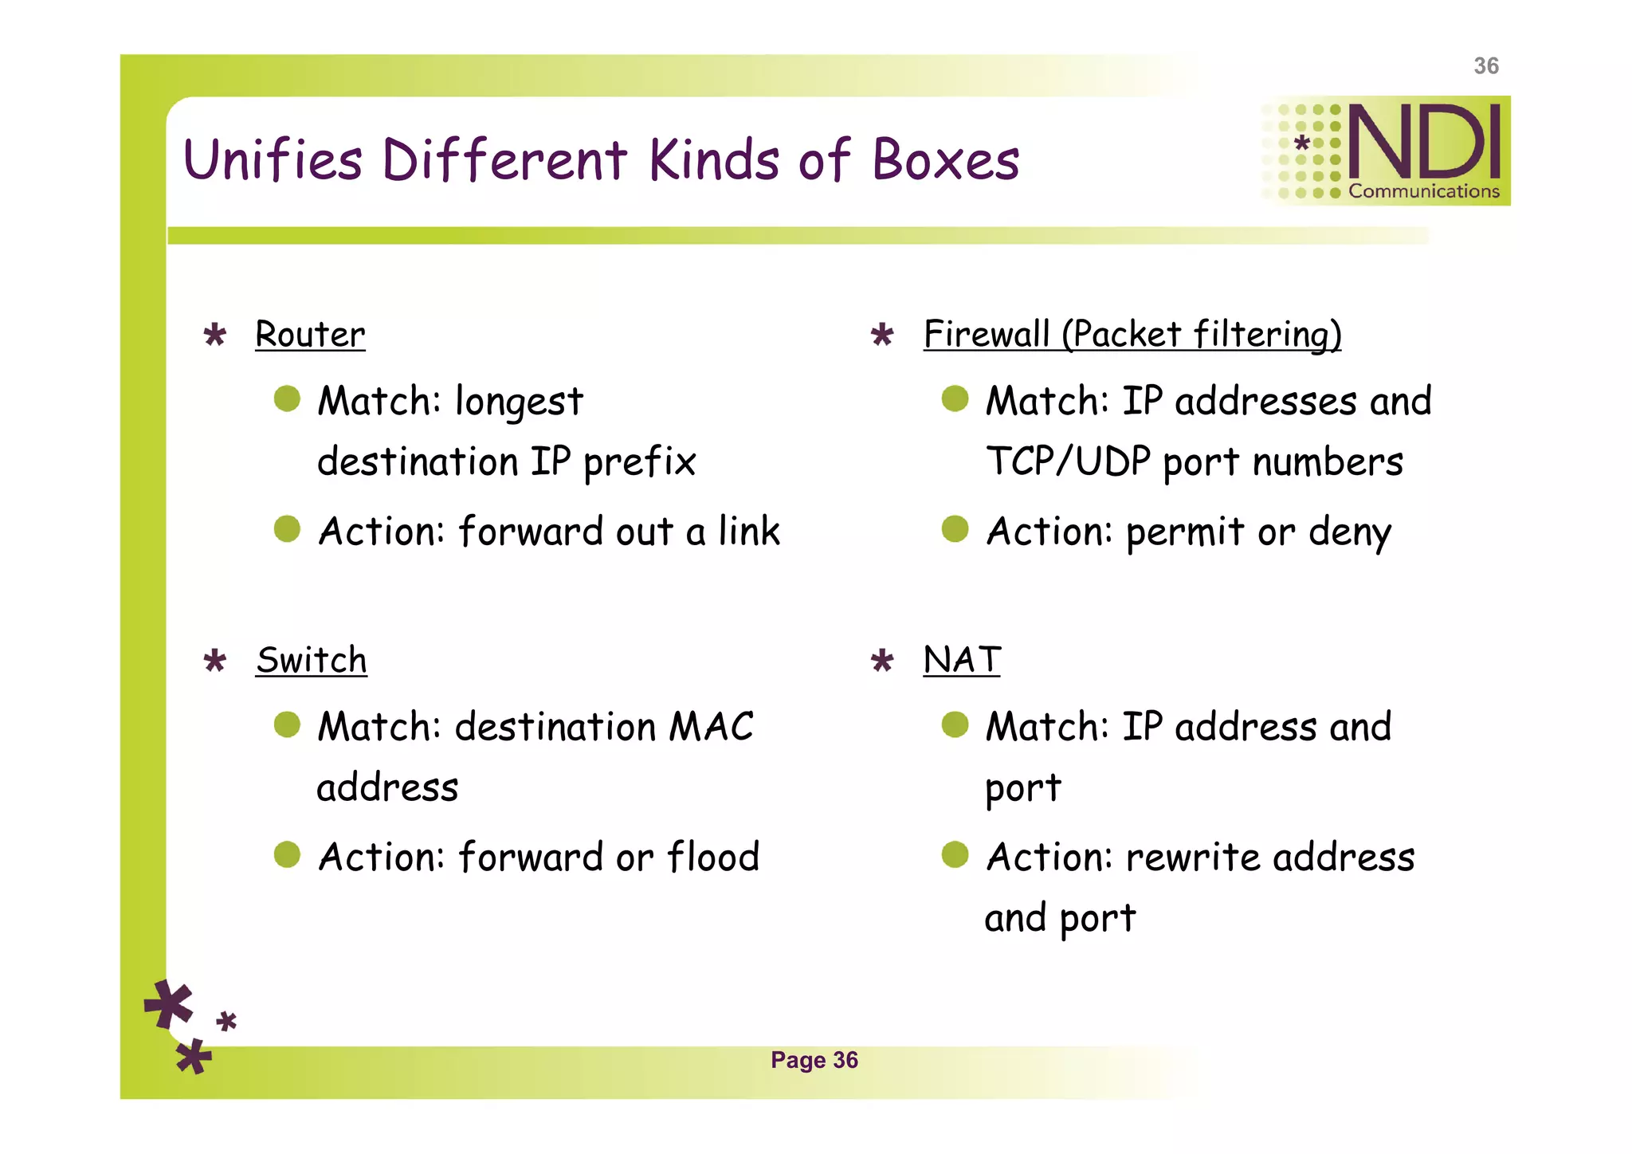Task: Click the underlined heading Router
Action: [310, 335]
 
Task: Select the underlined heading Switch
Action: [312, 661]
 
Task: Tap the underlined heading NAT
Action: [961, 661]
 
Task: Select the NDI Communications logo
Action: [1387, 151]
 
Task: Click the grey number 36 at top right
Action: [1485, 66]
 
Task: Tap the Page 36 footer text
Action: [814, 1060]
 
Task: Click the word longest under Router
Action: [519, 402]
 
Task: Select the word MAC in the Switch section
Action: [711, 727]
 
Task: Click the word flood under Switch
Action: [713, 858]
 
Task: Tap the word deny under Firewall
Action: [1350, 532]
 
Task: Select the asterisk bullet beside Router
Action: [215, 335]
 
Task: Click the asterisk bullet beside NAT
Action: [882, 661]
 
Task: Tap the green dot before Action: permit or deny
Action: [955, 528]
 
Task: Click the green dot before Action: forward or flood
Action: [287, 854]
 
